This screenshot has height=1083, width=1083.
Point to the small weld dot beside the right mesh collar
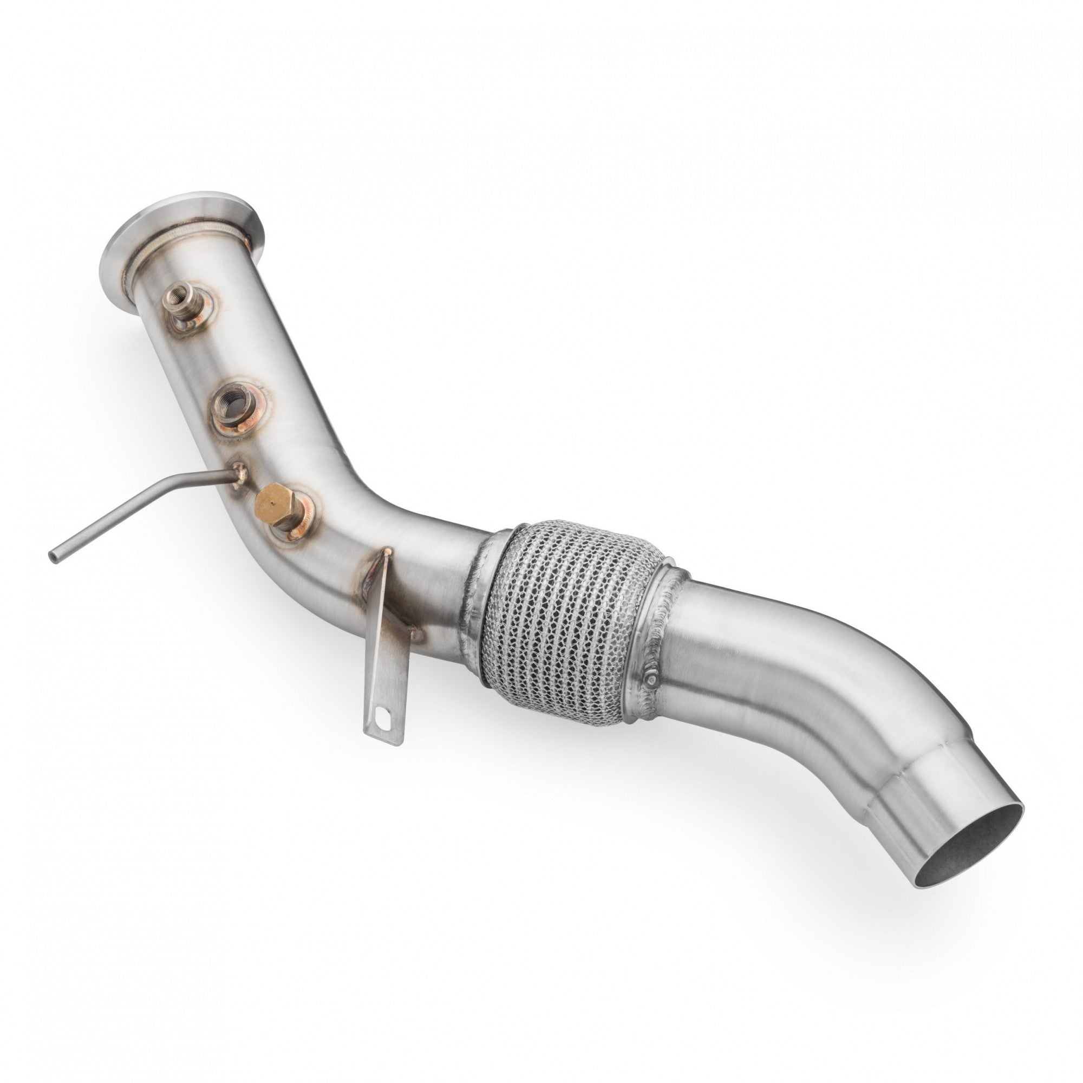653,680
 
